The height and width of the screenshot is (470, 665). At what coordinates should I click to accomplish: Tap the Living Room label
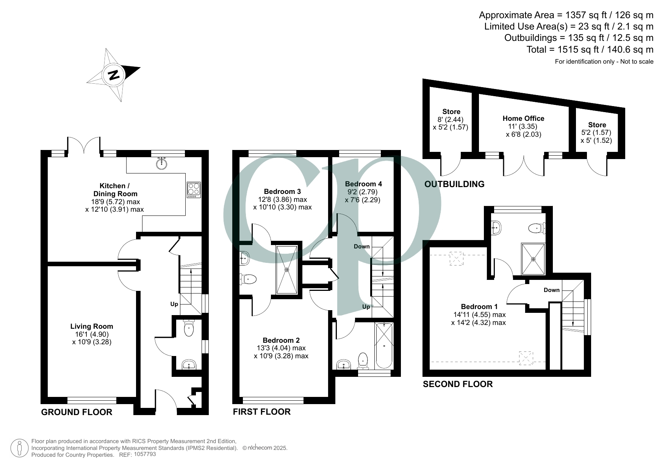92,326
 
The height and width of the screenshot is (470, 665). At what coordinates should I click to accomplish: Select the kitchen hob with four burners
194,190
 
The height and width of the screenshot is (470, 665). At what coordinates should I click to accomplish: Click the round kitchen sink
162,163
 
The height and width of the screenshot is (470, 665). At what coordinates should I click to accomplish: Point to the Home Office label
523,119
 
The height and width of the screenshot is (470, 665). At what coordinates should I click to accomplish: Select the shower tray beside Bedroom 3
287,269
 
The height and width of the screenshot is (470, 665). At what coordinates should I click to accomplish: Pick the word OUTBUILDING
454,184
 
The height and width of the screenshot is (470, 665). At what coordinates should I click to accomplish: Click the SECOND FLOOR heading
458,384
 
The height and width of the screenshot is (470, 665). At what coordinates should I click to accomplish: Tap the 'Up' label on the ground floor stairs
174,304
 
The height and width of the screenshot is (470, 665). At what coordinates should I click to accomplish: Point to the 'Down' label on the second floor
551,290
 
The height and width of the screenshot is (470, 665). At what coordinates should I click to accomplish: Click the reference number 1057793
145,454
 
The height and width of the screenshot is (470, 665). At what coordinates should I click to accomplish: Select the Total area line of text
590,50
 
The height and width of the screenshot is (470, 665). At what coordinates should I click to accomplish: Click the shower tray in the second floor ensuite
534,259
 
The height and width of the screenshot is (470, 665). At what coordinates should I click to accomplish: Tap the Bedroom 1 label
479,307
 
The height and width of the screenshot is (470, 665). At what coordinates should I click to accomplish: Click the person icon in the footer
19,448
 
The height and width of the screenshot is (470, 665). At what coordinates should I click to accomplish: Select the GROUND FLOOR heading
77,412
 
